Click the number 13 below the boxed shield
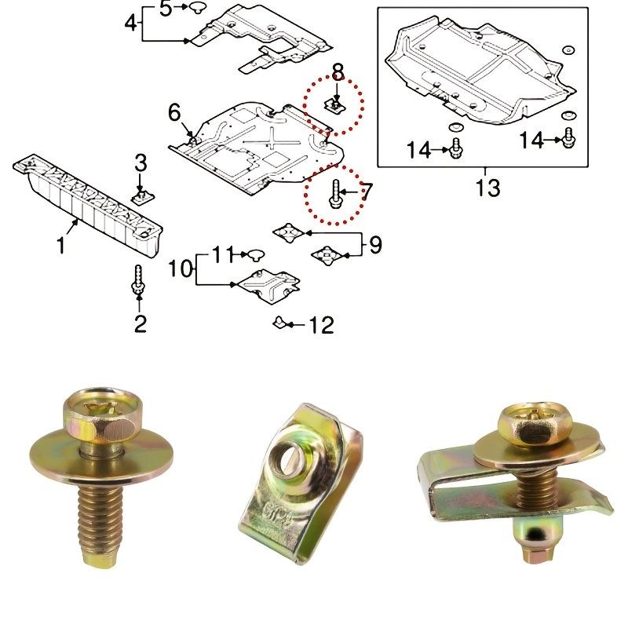click(487, 188)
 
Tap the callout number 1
click(60, 245)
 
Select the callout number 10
click(180, 268)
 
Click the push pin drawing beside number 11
click(256, 254)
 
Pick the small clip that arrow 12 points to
click(279, 322)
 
